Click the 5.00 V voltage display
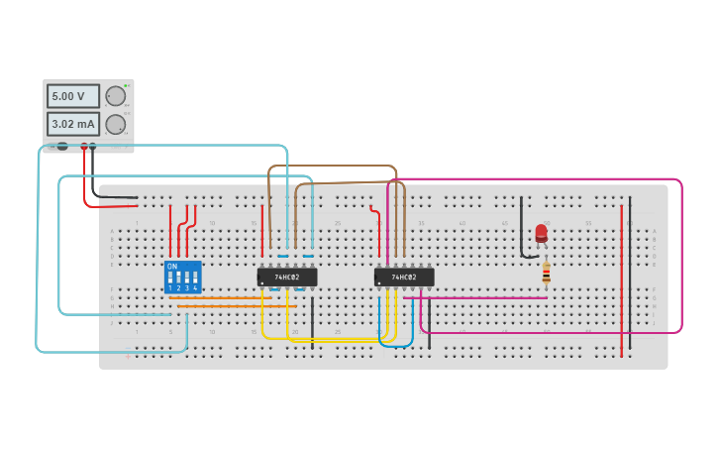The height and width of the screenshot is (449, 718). (x=73, y=96)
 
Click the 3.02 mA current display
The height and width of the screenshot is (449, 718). (x=73, y=124)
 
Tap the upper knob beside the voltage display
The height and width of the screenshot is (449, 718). (x=116, y=96)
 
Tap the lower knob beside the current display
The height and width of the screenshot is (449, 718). (x=116, y=125)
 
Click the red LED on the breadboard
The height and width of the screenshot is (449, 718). (x=541, y=233)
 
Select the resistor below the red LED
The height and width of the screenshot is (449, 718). (x=546, y=272)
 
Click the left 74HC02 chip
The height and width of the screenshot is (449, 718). (x=287, y=277)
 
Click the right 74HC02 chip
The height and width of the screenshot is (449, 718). (x=404, y=277)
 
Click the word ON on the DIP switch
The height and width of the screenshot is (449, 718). (x=172, y=267)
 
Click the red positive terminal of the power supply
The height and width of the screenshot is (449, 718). (x=84, y=147)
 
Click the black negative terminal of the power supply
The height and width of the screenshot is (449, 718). (x=93, y=147)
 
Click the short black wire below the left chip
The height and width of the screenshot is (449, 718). (x=312, y=322)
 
